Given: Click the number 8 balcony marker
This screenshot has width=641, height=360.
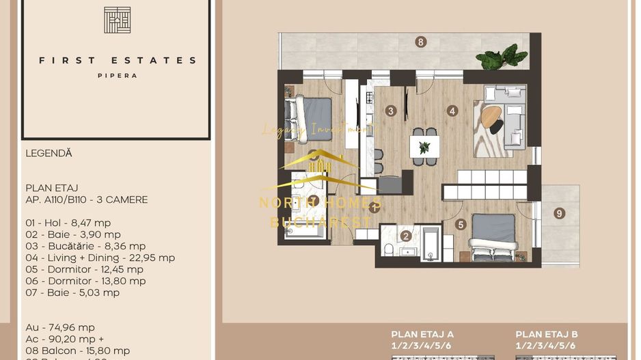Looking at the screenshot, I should [x=421, y=42].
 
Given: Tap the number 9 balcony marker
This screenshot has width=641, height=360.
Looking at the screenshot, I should [x=559, y=213].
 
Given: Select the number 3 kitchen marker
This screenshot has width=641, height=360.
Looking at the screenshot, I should [x=391, y=111].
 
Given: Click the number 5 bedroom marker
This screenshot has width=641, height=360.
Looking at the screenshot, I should [x=461, y=224].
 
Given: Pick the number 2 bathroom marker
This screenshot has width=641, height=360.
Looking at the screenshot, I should [x=406, y=236].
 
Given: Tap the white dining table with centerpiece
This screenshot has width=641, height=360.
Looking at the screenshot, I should [x=424, y=146].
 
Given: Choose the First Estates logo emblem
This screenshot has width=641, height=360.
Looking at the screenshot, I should [x=117, y=20].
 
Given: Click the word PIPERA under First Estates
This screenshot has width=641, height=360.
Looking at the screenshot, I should [x=117, y=76].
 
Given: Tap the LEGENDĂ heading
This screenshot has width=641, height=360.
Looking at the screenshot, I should [x=49, y=154].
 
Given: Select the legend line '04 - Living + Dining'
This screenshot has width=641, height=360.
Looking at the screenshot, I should [x=100, y=258].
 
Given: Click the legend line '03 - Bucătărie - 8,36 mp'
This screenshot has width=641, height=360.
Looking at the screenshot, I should [x=85, y=246].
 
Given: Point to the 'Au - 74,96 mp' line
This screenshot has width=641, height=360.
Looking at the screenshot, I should [x=60, y=327].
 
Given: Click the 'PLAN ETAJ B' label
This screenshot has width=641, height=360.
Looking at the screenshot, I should [x=547, y=334].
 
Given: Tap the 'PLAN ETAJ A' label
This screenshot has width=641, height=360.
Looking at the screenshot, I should [x=422, y=334].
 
